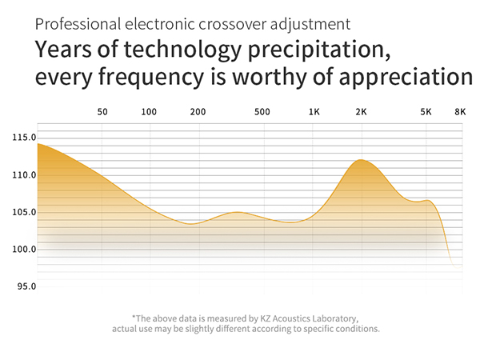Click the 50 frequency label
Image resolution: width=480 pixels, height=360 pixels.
102,112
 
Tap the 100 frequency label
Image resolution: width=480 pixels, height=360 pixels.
149,112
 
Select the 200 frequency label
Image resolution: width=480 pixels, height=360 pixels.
198,112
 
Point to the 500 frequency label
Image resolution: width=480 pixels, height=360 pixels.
262,112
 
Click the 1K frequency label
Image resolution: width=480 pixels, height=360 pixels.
314,112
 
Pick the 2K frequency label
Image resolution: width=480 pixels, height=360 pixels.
362,112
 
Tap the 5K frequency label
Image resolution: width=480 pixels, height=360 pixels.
426,112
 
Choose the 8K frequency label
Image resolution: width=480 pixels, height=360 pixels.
460,112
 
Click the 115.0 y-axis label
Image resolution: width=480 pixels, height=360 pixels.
24,138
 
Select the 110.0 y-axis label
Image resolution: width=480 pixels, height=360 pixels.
24,175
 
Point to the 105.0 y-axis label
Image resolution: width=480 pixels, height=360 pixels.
24,212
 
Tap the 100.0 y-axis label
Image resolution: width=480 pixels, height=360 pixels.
24,249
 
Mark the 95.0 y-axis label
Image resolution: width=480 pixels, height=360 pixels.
26,286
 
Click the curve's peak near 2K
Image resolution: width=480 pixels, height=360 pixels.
362,160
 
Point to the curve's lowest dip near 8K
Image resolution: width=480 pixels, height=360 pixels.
458,267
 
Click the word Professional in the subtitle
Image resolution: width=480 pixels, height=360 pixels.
78,24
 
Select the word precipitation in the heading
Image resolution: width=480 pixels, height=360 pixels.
319,50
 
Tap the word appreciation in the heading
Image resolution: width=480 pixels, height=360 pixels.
406,77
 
